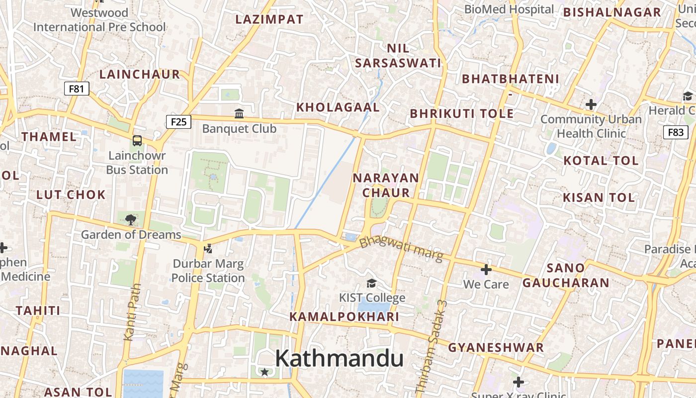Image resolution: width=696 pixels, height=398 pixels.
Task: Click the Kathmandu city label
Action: tap(339, 358)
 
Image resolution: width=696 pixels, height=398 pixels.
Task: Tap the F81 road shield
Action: tap(77, 89)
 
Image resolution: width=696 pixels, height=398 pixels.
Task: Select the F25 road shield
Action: tap(178, 121)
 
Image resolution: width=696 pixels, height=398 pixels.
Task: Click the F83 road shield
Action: tap(676, 132)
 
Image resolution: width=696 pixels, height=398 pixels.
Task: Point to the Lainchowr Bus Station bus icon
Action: tap(137, 141)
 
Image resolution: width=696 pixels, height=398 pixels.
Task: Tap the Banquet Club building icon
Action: tap(239, 114)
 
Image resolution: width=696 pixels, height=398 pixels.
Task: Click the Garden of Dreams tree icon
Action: tap(131, 219)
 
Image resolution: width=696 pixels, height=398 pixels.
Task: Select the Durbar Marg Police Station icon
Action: tap(208, 248)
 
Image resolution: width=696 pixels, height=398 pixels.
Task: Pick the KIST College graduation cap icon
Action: tap(371, 283)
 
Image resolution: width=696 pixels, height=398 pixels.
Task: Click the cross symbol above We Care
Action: tap(486, 270)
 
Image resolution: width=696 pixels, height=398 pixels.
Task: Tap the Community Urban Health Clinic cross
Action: tap(591, 104)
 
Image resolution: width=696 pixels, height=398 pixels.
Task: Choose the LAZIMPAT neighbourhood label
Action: tap(269, 19)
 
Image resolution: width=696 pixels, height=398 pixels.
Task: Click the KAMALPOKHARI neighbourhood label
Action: tap(344, 317)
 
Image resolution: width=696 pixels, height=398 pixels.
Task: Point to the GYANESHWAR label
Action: tap(496, 347)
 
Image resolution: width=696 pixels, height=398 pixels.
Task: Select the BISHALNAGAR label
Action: tap(612, 12)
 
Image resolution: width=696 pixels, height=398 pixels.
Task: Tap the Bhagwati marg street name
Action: tap(401, 249)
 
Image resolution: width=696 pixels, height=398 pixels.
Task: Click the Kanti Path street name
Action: tap(133, 312)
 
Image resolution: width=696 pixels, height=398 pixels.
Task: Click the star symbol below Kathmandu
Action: tap(264, 372)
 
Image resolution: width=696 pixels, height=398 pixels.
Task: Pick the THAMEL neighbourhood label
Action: tap(49, 136)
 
